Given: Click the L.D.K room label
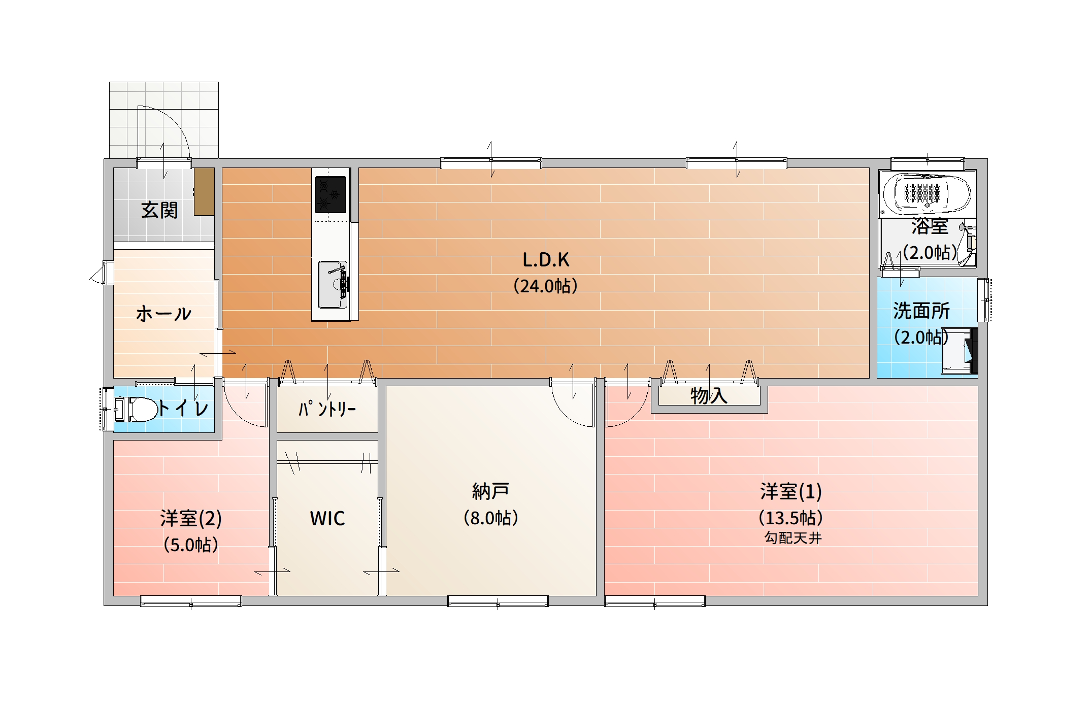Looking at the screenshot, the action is pyautogui.click(x=546, y=260).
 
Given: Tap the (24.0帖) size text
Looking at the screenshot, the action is pyautogui.click(x=545, y=286).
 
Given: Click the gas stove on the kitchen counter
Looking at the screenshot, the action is pyautogui.click(x=330, y=194).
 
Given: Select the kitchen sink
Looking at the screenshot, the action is pyautogui.click(x=333, y=285).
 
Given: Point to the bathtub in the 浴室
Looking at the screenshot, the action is pyautogui.click(x=927, y=193).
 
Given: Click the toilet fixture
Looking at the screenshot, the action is pyautogui.click(x=136, y=409).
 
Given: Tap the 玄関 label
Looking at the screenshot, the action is pyautogui.click(x=159, y=210).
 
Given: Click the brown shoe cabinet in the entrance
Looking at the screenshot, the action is pyautogui.click(x=205, y=192).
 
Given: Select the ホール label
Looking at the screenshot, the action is pyautogui.click(x=163, y=314).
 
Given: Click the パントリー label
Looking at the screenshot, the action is pyautogui.click(x=327, y=409).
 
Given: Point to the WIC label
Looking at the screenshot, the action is pyautogui.click(x=327, y=519).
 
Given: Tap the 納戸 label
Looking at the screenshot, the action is pyautogui.click(x=490, y=491).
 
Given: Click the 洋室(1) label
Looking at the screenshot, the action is pyautogui.click(x=791, y=491).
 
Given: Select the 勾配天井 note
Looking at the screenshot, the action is pyautogui.click(x=793, y=538).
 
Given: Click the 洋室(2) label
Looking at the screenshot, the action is pyautogui.click(x=191, y=519).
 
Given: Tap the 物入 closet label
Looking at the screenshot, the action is pyautogui.click(x=709, y=395).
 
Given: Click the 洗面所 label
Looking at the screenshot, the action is pyautogui.click(x=921, y=311).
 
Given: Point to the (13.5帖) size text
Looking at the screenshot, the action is pyautogui.click(x=790, y=518).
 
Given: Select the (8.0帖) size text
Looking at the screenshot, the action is pyautogui.click(x=490, y=518).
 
